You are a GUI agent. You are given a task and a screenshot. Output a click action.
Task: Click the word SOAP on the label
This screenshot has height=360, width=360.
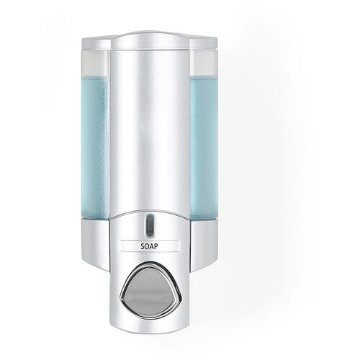point(149,246)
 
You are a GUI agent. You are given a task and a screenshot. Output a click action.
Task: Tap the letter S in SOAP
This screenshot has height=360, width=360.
point(143,246)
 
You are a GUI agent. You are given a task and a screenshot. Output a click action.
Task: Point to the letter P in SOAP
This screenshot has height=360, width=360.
point(156,246)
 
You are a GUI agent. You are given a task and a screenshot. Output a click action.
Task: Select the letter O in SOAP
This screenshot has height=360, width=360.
point(147,246)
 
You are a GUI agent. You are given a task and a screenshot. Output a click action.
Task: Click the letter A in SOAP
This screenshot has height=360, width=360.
point(152,246)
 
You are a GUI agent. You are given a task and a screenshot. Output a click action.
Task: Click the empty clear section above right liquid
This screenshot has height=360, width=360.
point(204,63)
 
